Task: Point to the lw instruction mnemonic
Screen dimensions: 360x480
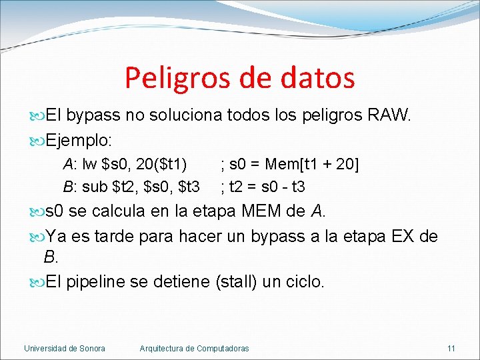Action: tap(89, 164)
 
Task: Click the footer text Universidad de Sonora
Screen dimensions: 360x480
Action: tap(64, 349)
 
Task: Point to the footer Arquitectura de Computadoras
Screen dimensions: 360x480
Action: tap(194, 349)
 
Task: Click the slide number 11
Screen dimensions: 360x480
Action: tap(451, 349)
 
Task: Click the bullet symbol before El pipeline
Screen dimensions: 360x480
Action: tap(37, 281)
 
